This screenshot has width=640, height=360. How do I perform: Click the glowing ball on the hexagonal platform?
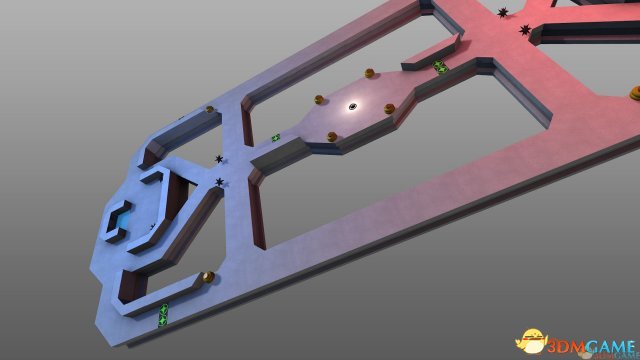click(x=353, y=107)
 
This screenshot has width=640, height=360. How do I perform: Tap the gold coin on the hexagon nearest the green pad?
click(x=369, y=73)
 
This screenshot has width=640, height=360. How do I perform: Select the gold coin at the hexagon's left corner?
click(x=319, y=99)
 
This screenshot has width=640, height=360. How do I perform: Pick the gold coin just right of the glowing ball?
click(x=389, y=109)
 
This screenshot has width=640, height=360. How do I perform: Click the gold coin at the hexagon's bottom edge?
click(x=332, y=137)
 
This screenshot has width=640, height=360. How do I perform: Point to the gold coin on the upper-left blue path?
click(x=209, y=109)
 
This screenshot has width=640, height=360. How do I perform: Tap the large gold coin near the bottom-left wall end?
click(x=208, y=277)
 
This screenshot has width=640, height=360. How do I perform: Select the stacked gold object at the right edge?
click(x=635, y=93)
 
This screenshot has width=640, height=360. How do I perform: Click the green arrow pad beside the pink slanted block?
click(x=439, y=67)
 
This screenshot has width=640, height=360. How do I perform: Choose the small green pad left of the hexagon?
click(x=276, y=138)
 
